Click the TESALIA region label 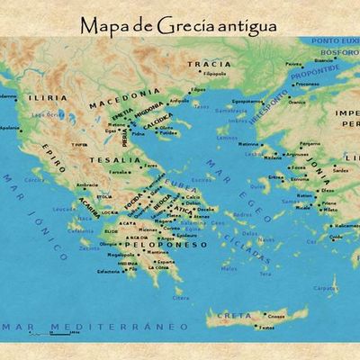point(123,160)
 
